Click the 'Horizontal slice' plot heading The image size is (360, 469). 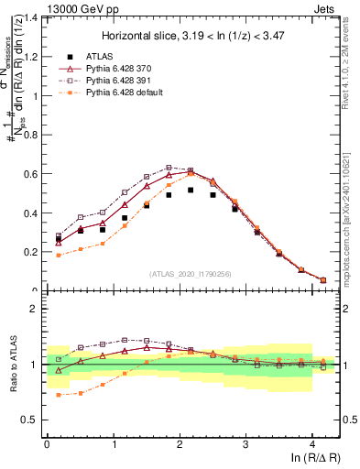click(x=189, y=34)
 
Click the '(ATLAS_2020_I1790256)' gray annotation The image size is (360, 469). click(x=190, y=274)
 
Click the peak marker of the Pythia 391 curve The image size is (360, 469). click(x=169, y=168)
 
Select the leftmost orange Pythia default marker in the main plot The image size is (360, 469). click(x=59, y=256)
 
